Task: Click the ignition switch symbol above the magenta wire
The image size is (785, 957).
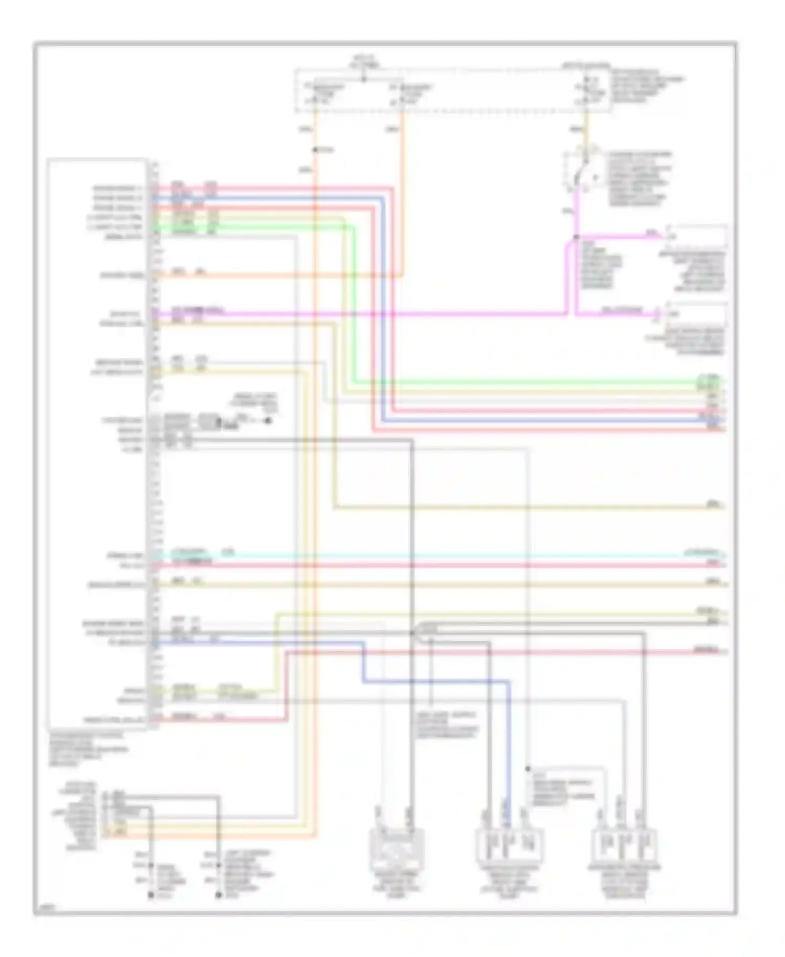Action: pos(581,170)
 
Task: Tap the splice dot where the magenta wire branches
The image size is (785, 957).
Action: pos(576,237)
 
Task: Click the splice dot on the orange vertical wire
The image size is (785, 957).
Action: pos(316,150)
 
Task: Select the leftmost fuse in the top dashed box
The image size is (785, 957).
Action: pos(316,93)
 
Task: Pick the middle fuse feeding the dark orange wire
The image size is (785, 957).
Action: pos(402,93)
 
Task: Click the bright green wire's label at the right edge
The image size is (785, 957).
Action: pos(709,378)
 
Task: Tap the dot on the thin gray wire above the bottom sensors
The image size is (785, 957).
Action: pos(528,770)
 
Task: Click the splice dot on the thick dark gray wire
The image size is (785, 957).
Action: pos(412,633)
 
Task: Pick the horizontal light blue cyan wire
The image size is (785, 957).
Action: pos(419,555)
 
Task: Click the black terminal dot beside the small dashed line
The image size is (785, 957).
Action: pos(268,420)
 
